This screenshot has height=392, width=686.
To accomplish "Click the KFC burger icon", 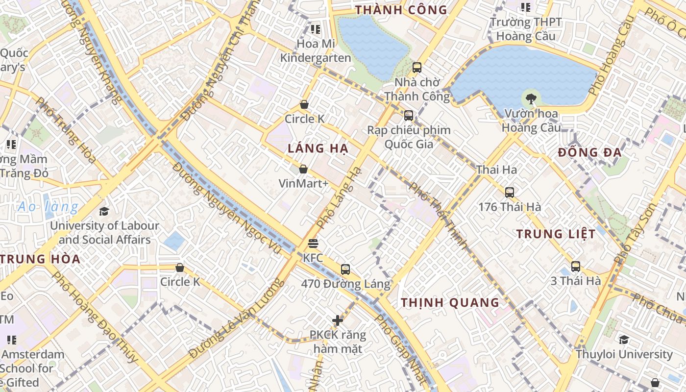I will coord(313,244).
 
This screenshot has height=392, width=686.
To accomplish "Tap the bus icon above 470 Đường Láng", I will coord(345,269).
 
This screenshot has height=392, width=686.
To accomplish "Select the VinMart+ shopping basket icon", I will coord(303,169).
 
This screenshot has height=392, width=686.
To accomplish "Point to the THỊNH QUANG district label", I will coord(450,302).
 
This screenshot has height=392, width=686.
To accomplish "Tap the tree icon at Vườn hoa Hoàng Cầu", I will coord(530,99).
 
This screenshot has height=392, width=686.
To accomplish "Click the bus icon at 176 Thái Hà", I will coord(510,192).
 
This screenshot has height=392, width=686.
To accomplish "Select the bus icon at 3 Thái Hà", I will coord(576,267).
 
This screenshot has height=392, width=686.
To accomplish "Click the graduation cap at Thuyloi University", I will coord(624,340).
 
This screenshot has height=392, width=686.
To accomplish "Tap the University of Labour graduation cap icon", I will coord(104,211).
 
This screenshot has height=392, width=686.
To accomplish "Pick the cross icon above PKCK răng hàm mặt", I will coord(338,320).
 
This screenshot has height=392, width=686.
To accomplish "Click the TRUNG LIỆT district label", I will coord(556,234).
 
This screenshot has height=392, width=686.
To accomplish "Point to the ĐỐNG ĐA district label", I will coord(590,152).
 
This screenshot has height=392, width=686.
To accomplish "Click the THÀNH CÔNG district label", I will coord(401,10).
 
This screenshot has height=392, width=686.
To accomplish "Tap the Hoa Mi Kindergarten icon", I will coord(316,29).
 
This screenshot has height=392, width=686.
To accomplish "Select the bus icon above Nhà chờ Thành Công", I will coord(417,68).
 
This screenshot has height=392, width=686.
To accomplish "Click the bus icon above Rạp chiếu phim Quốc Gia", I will coord(409,116).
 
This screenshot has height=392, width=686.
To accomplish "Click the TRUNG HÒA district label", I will coord(40,259).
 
